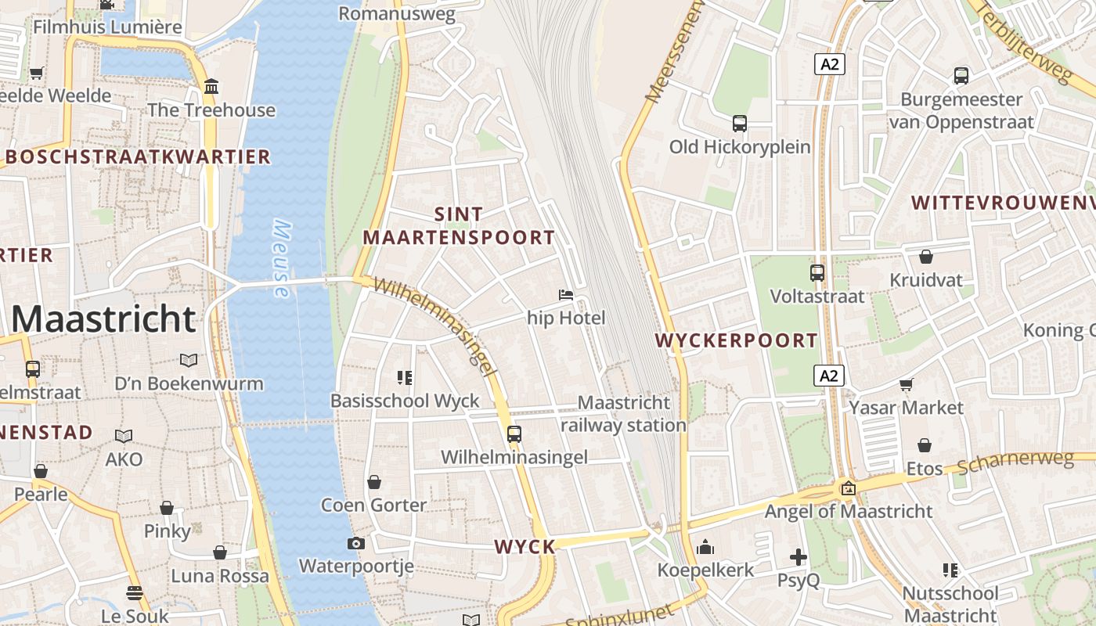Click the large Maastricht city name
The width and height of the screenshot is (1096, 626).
click(103, 319)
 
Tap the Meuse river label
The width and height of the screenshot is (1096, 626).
click(282, 259)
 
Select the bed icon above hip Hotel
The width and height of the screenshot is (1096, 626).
click(565, 295)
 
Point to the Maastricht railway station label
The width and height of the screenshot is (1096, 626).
click(623, 414)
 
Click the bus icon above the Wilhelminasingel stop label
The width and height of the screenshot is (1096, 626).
click(514, 434)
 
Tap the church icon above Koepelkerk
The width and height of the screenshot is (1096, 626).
click(705, 546)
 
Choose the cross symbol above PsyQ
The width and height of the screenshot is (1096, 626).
click(798, 557)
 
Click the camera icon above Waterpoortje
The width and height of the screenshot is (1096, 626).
click(356, 543)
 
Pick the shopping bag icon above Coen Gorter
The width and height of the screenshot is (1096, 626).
click(374, 482)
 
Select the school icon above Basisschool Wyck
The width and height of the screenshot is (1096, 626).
click(404, 378)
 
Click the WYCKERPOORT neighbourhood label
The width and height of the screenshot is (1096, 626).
click(736, 340)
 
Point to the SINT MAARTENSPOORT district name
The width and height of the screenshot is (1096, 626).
click(459, 225)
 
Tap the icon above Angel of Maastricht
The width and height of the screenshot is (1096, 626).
click(848, 488)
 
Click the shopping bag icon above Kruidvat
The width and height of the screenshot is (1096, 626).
click(926, 257)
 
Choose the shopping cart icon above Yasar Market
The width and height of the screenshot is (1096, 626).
click(906, 384)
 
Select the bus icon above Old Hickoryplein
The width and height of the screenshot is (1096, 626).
click(739, 124)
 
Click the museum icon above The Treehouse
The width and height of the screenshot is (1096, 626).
click(211, 86)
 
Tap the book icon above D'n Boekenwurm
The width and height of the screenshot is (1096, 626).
click(189, 360)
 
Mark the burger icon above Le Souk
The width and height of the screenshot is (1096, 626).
click(135, 592)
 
